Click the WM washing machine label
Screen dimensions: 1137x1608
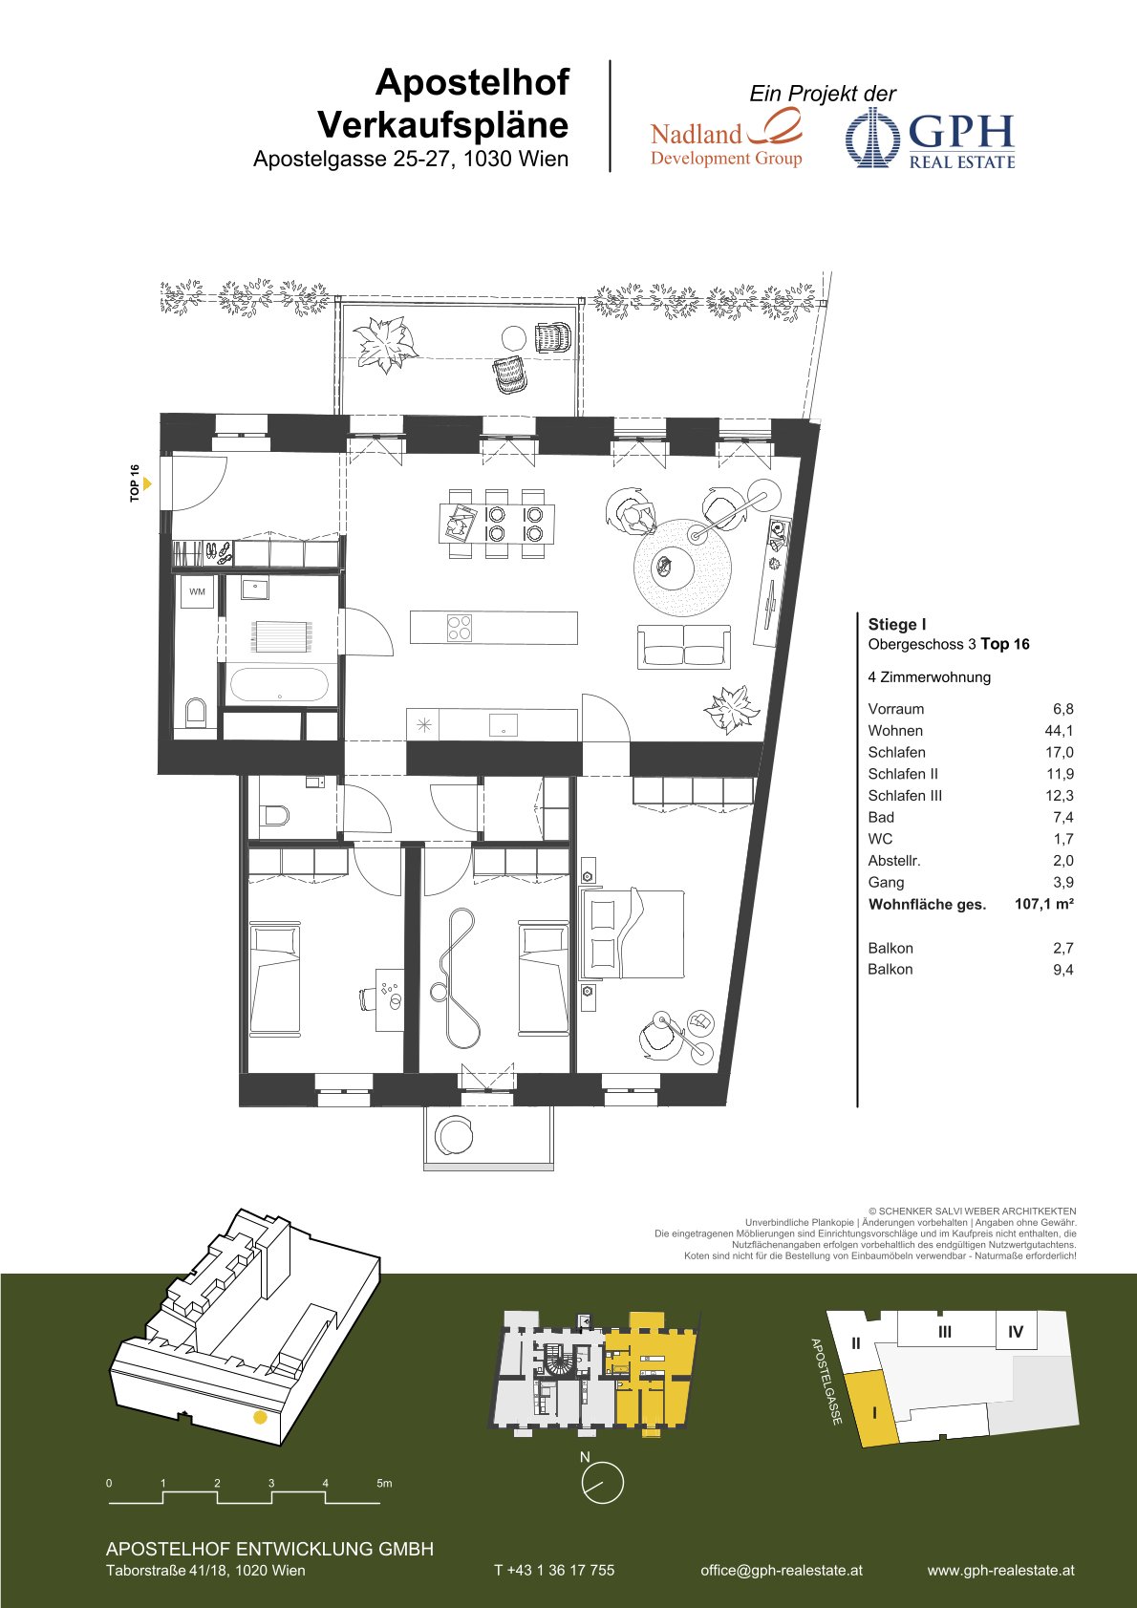(x=197, y=591)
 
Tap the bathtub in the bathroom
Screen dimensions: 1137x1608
(x=278, y=686)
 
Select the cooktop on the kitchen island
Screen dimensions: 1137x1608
(x=460, y=628)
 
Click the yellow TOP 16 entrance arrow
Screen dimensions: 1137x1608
(x=147, y=483)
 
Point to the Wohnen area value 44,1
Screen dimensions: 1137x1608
(x=1059, y=731)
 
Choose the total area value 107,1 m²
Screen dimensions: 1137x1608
(x=1043, y=904)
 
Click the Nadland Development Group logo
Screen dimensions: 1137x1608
(x=726, y=138)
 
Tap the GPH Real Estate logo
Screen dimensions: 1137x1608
(x=931, y=139)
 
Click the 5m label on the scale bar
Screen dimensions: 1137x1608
(x=384, y=1483)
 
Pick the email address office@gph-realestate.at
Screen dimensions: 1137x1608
(x=782, y=1570)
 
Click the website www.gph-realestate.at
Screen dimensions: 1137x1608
(x=1000, y=1570)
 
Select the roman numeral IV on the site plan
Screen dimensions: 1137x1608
(x=1015, y=1332)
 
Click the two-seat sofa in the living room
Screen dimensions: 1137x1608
(x=684, y=646)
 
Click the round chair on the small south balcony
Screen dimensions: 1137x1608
(x=454, y=1135)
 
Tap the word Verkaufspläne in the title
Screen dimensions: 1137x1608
(x=443, y=124)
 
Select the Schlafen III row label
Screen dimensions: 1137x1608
(x=905, y=795)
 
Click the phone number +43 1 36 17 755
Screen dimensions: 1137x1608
(x=554, y=1570)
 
